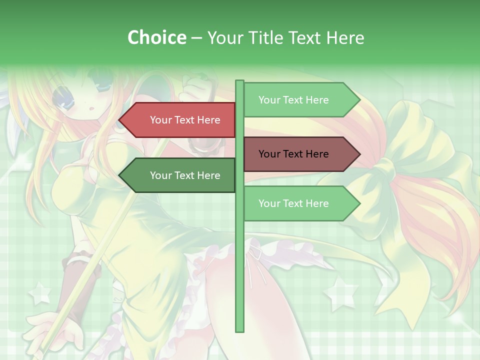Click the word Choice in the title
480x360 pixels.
pyautogui.click(x=156, y=37)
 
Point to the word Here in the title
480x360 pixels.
pyautogui.click(x=344, y=37)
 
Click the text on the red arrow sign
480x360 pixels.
pyautogui.click(x=185, y=120)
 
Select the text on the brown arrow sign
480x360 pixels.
pyautogui.click(x=293, y=154)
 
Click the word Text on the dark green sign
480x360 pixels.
pyautogui.click(x=185, y=175)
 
